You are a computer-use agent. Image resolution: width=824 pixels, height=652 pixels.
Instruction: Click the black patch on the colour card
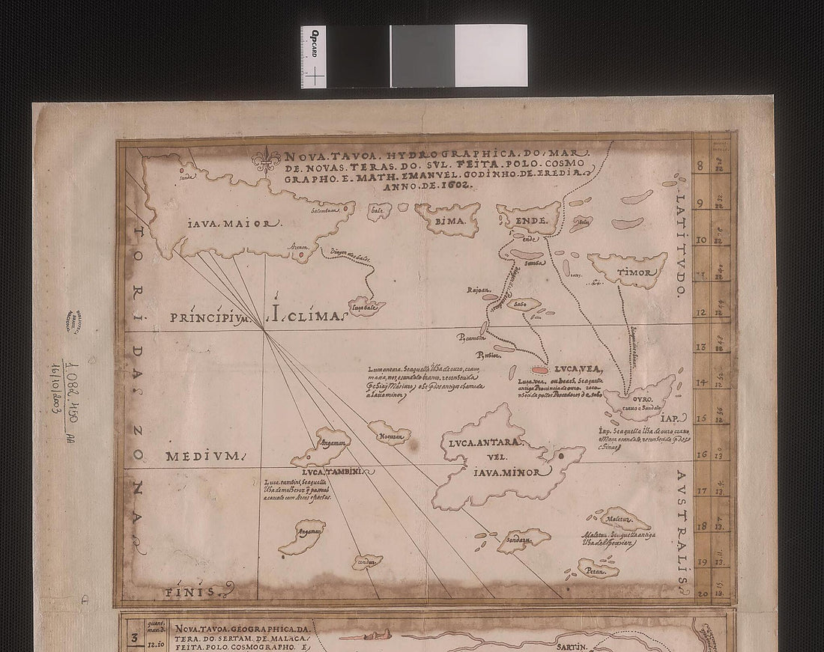pyautogui.click(x=357, y=56)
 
